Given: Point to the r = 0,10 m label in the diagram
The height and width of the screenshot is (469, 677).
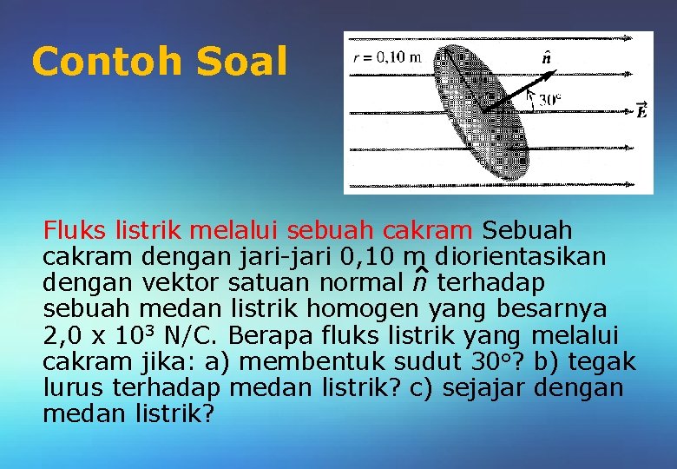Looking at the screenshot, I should pos(386,58).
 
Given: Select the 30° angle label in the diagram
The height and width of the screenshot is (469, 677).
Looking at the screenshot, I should pos(549,100).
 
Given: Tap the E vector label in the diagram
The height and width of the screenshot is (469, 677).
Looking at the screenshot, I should pos(641,110).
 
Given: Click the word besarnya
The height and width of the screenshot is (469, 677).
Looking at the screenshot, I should pos(552,309).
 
